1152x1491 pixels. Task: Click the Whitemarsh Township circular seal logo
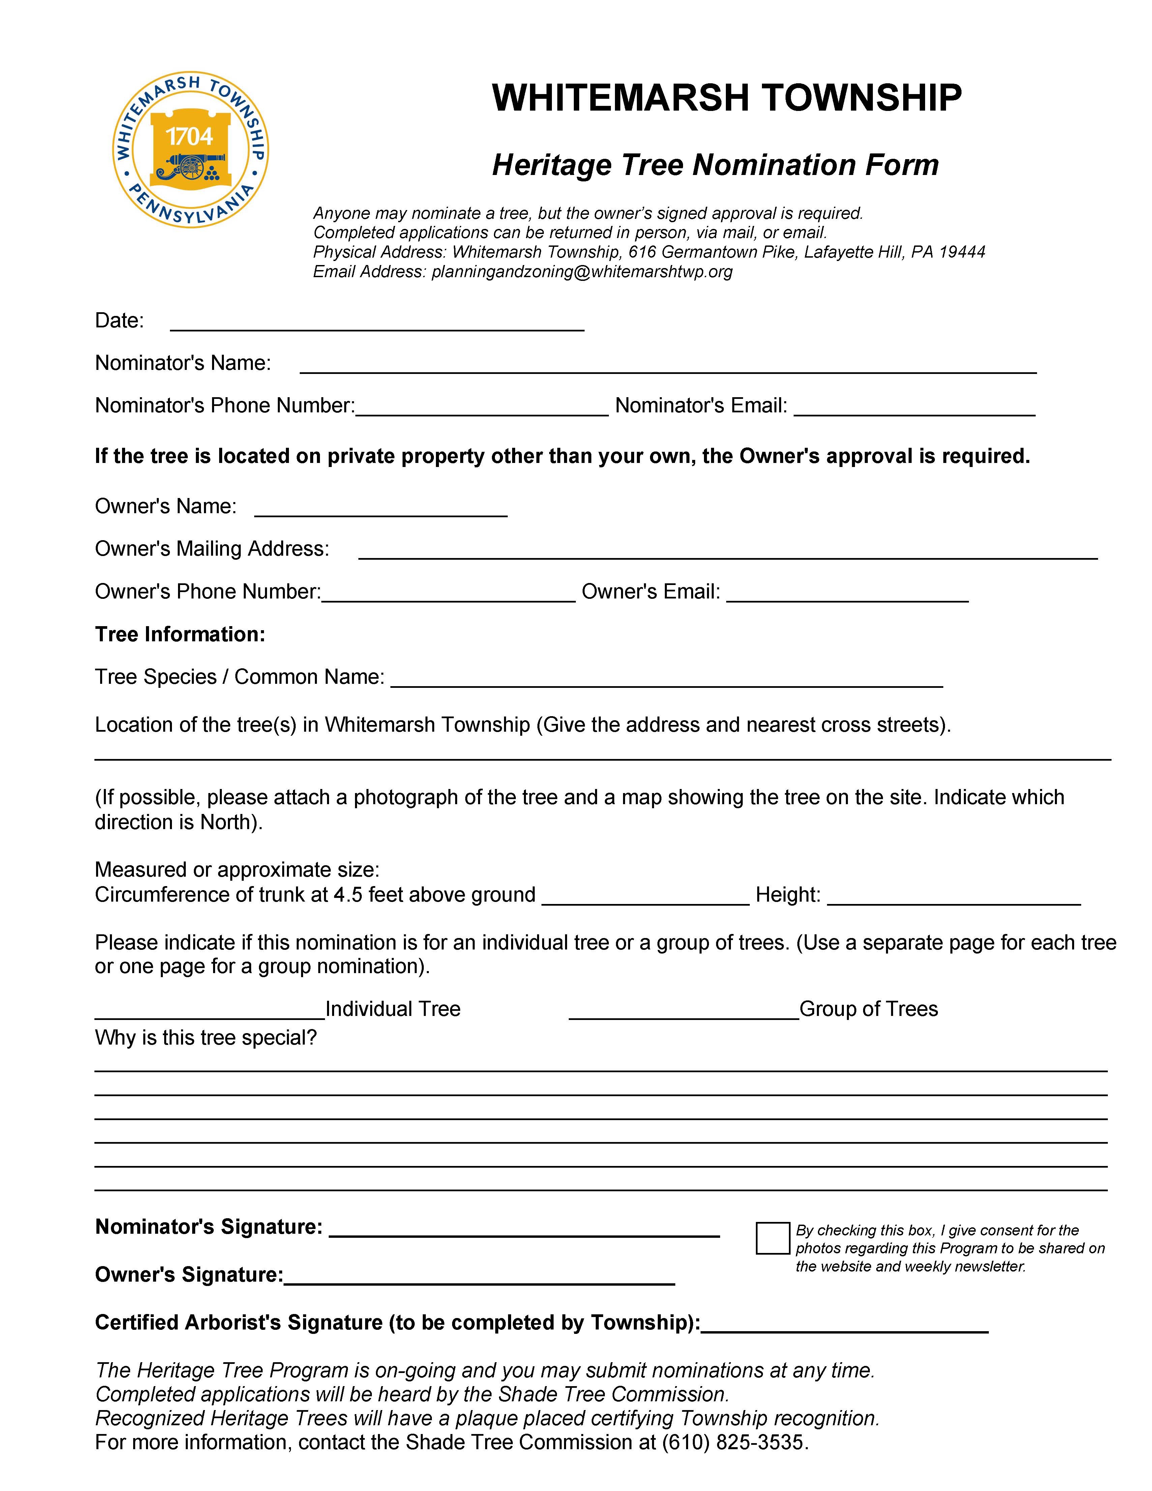tap(190, 149)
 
